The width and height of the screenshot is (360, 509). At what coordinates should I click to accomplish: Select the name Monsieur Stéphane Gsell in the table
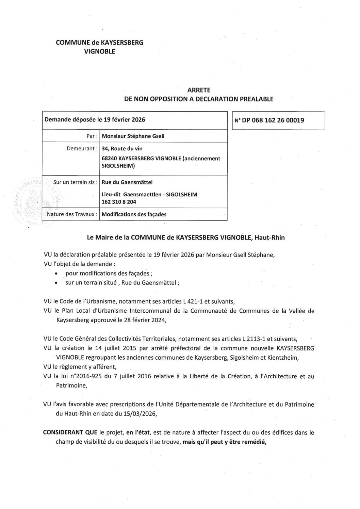click(133, 136)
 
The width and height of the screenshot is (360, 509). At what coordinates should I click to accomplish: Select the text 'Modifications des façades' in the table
click(134, 214)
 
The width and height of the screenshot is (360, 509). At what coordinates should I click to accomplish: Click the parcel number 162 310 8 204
click(119, 202)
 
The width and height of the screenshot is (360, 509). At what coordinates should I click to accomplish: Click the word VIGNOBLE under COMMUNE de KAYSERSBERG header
click(99, 52)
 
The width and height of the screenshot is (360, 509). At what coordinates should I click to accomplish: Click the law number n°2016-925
click(108, 376)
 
